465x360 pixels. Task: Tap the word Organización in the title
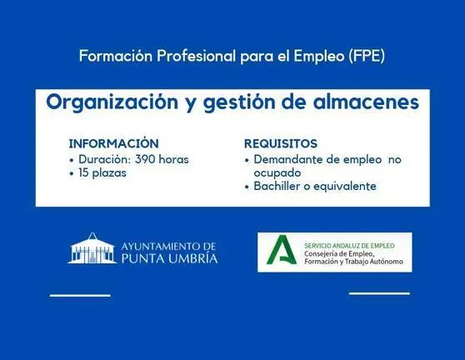[112, 102]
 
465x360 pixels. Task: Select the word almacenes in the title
[366, 102]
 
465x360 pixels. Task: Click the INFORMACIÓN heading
[114, 143]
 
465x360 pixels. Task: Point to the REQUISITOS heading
[281, 144]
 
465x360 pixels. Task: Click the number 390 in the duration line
[145, 159]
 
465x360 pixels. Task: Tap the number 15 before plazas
[84, 173]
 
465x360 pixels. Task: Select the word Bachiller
[277, 186]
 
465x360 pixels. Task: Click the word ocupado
[277, 173]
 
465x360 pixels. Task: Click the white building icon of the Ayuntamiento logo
[92, 248]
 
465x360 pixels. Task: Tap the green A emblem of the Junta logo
[282, 250]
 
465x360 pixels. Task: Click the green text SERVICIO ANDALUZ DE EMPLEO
[349, 246]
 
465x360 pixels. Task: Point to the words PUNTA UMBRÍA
[169, 258]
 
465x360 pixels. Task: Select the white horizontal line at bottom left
[80, 295]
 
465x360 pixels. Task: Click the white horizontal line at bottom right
[380, 293]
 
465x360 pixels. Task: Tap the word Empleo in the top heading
[319, 57]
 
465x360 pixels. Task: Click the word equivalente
[345, 187]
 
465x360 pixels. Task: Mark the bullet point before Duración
[72, 161]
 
